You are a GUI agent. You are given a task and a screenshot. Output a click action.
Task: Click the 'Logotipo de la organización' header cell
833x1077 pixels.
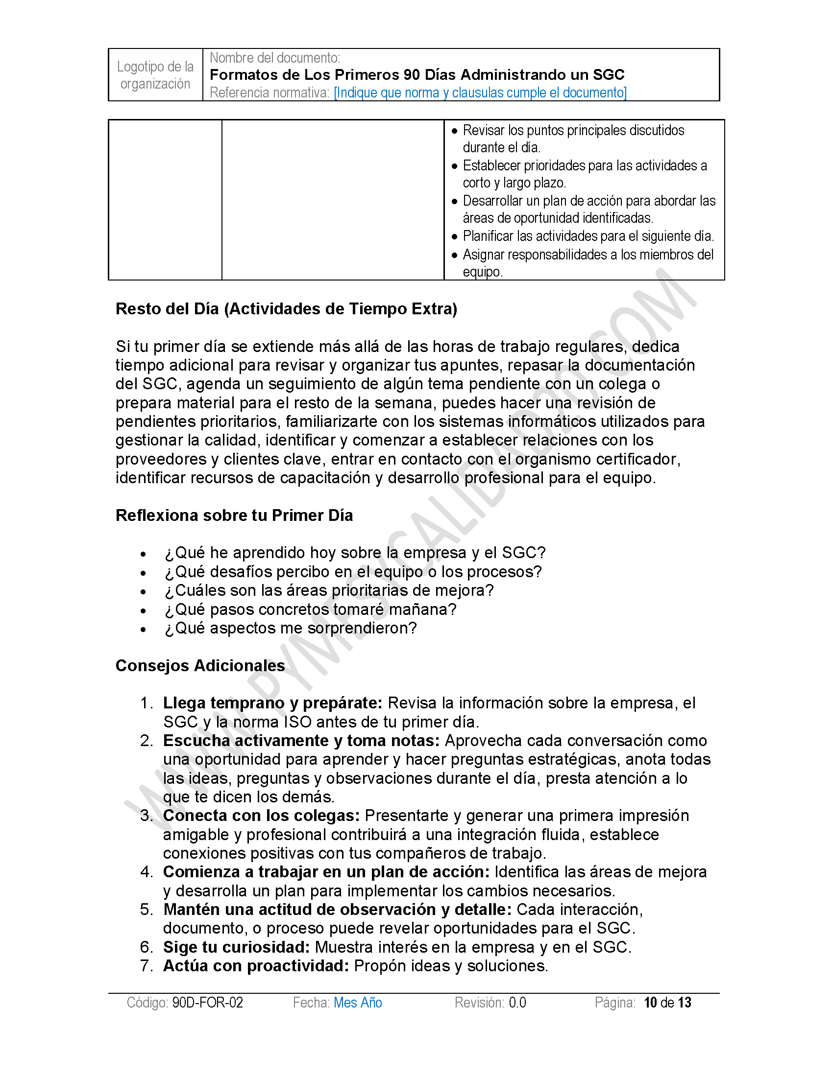[x=155, y=75]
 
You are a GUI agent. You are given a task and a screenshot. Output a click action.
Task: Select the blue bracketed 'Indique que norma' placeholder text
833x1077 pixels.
[x=480, y=93]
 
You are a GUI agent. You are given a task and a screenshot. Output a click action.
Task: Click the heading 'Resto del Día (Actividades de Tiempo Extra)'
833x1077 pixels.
[x=286, y=309]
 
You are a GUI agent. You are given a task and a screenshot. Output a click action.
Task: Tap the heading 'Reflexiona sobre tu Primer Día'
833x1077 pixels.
[x=234, y=515]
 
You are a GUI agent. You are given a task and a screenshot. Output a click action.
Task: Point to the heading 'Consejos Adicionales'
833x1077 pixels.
[x=200, y=665]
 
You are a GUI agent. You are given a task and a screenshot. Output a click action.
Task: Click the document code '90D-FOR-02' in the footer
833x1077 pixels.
[x=207, y=1003]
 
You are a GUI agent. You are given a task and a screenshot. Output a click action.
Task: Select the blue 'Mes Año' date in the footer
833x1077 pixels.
[x=358, y=1003]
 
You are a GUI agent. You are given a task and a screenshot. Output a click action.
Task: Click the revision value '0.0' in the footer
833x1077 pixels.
[x=517, y=1003]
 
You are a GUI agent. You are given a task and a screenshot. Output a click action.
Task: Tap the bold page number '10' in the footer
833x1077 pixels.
[x=650, y=1003]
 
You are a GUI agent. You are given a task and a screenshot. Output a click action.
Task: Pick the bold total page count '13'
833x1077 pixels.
[x=685, y=1003]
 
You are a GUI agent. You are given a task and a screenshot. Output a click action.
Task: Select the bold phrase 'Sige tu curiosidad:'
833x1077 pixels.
[x=236, y=947]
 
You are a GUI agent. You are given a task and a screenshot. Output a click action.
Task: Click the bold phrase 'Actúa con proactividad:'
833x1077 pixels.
[x=256, y=966]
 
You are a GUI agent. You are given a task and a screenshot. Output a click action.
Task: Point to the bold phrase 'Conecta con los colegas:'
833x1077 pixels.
[x=262, y=816]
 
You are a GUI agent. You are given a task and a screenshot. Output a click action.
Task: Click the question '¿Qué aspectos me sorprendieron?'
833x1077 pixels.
[x=291, y=628]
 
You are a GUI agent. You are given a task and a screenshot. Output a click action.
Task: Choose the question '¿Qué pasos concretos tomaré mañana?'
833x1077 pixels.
[x=310, y=609]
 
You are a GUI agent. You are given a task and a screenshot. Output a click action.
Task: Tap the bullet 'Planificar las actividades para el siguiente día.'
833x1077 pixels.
[x=588, y=236]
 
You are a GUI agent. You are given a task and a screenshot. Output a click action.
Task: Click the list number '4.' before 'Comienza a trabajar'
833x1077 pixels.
[x=147, y=872]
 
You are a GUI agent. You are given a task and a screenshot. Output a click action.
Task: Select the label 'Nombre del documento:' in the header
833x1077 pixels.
[x=275, y=58]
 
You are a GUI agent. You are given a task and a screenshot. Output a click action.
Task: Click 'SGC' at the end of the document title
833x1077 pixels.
[x=609, y=75]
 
